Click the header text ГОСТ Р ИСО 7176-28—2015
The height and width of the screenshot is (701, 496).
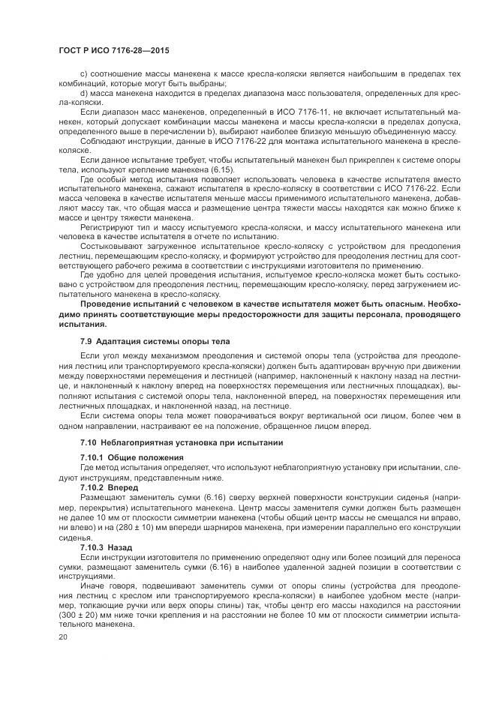pos(113,50)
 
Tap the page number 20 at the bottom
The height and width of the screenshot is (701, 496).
pos(63,637)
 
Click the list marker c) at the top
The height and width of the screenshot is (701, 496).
pos(83,73)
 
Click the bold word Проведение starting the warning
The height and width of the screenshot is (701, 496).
pos(110,304)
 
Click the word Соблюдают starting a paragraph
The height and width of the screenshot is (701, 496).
pos(103,140)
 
